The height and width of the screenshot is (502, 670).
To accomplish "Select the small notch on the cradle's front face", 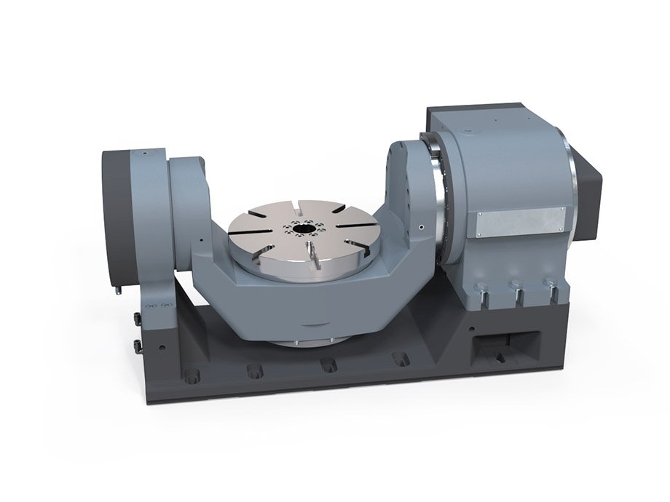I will [x=313, y=324].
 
